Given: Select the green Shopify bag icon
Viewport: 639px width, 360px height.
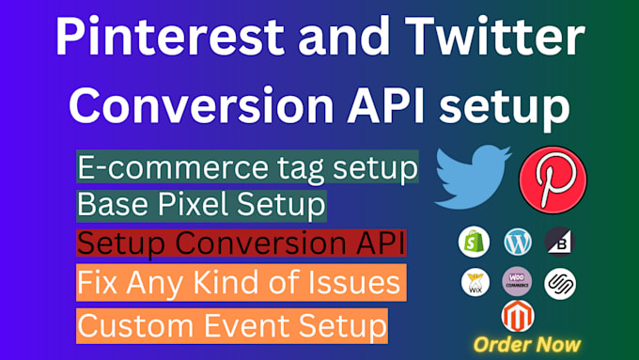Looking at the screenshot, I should click(x=475, y=242).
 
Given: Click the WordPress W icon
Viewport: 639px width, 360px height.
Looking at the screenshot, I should click(x=518, y=242).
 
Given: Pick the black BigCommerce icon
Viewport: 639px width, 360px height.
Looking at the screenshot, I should click(x=559, y=242).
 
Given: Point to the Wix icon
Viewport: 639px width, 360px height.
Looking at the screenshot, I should click(x=475, y=282).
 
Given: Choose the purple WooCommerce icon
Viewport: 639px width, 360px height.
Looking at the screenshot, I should click(x=518, y=282).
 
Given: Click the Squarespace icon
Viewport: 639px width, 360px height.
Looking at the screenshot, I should click(x=560, y=282).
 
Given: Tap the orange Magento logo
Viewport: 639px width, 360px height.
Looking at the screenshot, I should click(x=518, y=317).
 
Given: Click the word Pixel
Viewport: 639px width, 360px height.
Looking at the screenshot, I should click(x=189, y=203).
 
